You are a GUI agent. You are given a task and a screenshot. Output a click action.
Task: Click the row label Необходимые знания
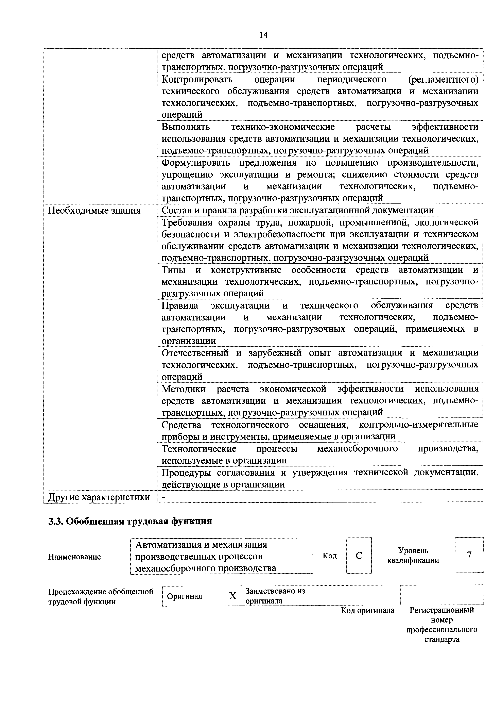[x=94, y=211]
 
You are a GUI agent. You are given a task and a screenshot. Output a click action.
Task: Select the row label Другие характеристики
[x=99, y=497]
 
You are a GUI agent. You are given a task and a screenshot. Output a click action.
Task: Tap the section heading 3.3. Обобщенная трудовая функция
[x=130, y=521]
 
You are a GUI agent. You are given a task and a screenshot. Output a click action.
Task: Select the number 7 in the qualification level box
[x=469, y=555]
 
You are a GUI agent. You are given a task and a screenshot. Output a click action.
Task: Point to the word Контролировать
[x=197, y=80]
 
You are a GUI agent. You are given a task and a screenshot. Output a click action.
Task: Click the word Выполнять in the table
[x=186, y=127]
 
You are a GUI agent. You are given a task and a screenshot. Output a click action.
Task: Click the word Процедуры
[x=187, y=473]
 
